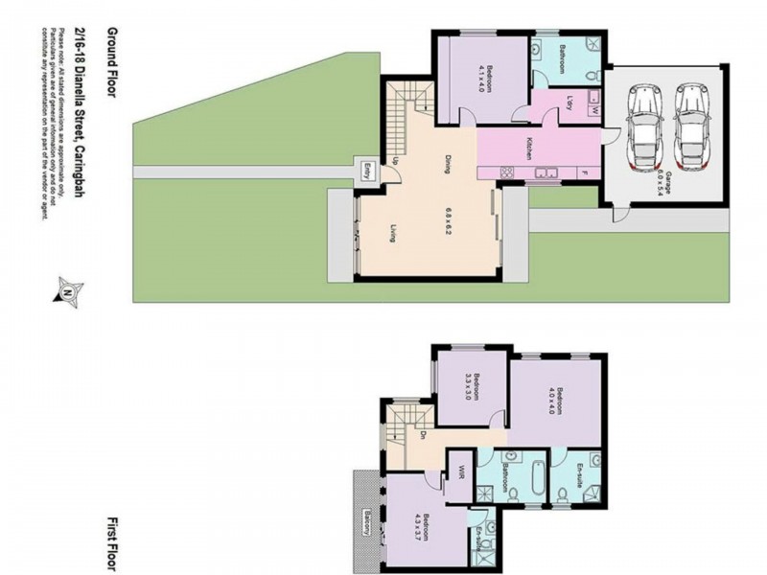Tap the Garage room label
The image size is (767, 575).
[661, 176]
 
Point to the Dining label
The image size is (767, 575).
[447, 164]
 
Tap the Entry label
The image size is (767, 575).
[365, 172]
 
